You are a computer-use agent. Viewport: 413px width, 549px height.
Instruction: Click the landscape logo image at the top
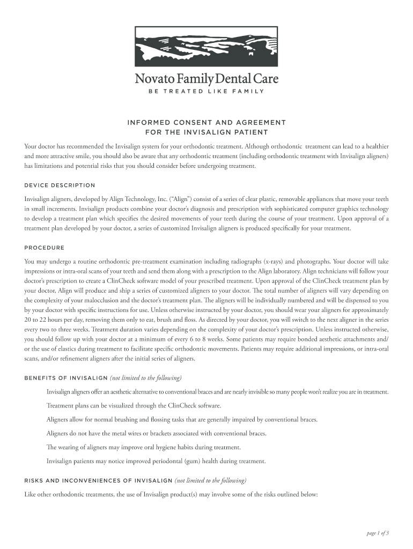tap(206, 48)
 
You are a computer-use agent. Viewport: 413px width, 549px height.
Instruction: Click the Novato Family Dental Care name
tap(206, 79)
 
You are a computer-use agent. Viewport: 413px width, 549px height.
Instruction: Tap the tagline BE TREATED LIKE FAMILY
tap(206, 91)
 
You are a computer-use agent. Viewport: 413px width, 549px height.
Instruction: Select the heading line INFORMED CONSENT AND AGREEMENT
tap(206, 123)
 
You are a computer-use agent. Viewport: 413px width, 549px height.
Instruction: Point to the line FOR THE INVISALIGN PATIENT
tap(206, 132)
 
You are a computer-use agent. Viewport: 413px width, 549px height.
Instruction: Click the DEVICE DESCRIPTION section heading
tap(60, 186)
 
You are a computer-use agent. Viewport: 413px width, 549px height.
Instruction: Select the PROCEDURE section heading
tap(45, 248)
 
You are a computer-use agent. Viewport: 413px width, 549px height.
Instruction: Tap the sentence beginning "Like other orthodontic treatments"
tap(172, 494)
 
